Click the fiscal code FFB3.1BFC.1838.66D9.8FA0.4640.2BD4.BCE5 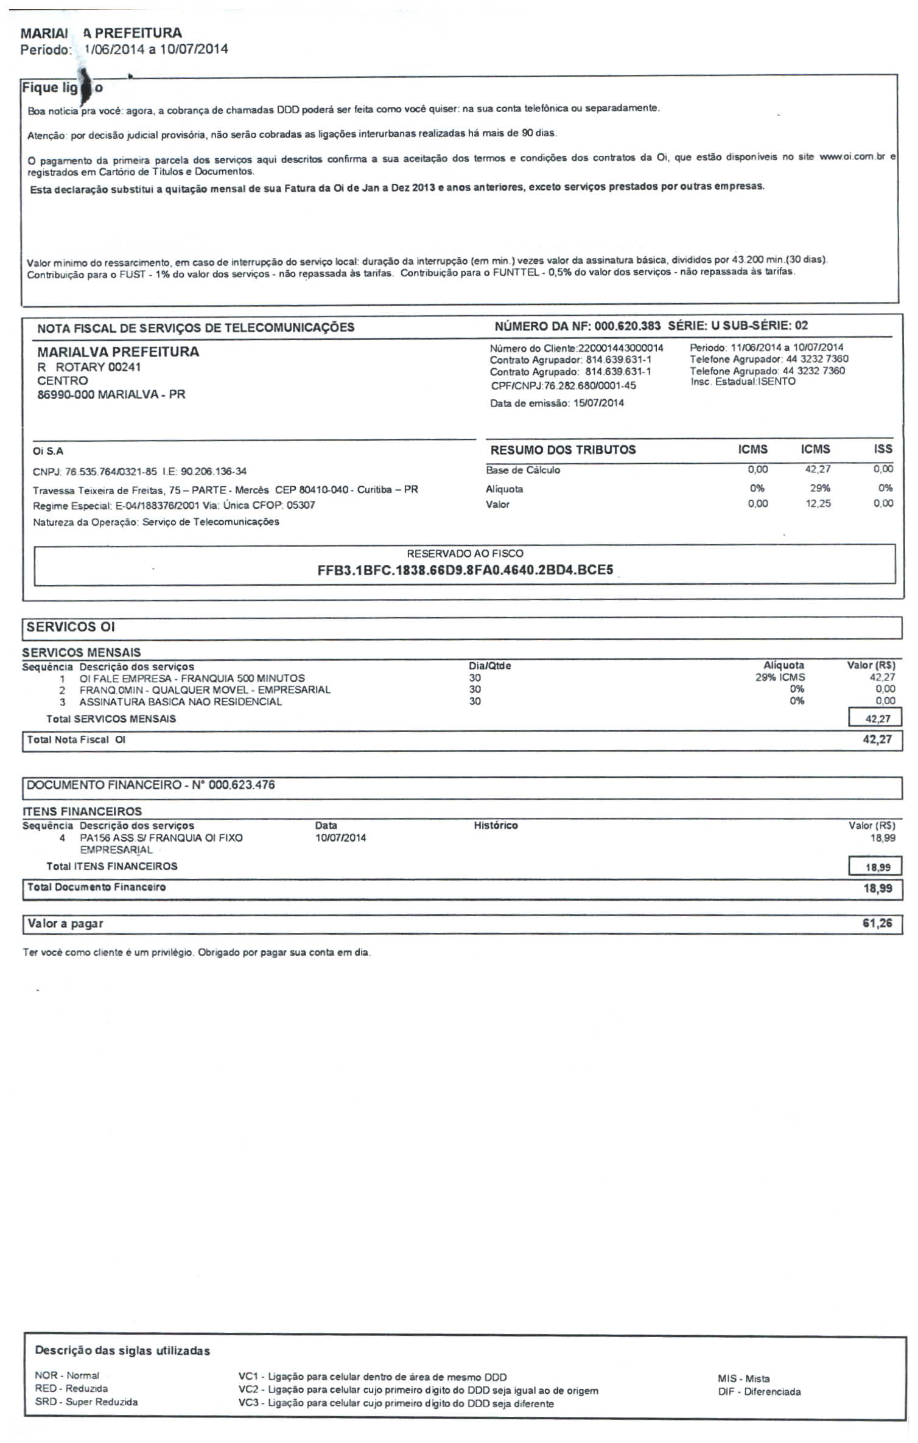[465, 570]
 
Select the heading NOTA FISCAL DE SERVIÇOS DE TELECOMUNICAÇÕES [195, 328]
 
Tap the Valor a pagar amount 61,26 [877, 923]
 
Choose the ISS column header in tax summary [883, 449]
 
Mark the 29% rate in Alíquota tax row [820, 488]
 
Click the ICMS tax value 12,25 [818, 504]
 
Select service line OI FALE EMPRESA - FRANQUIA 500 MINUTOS [192, 678]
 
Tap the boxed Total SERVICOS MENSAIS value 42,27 [877, 719]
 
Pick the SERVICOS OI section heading [71, 627]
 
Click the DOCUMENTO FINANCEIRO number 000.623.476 [242, 785]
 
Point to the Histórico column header [496, 825]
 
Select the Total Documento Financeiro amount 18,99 [877, 889]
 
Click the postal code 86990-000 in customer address [65, 394]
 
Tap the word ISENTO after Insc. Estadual [777, 382]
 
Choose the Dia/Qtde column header [489, 666]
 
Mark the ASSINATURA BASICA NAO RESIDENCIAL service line [180, 702]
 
